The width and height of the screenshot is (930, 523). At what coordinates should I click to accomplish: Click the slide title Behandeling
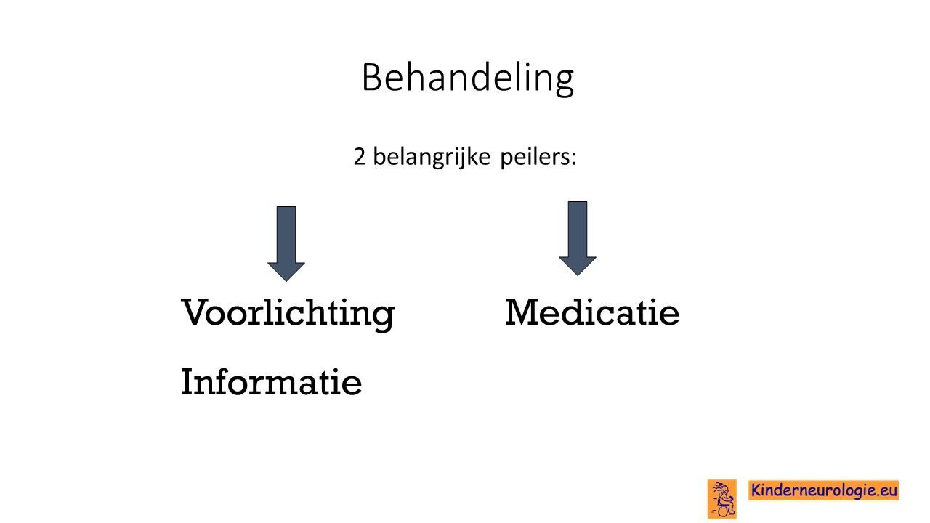pyautogui.click(x=468, y=79)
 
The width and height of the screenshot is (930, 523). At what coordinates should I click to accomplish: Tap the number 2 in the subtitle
pyautogui.click(x=360, y=157)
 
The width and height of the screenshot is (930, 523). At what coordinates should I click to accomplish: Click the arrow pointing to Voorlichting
pyautogui.click(x=286, y=244)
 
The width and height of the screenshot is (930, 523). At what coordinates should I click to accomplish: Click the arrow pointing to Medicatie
pyautogui.click(x=578, y=239)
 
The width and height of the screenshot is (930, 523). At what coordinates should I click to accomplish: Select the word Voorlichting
pyautogui.click(x=288, y=315)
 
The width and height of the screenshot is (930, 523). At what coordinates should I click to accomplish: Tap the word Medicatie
pyautogui.click(x=592, y=312)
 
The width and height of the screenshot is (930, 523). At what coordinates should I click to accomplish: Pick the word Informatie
pyautogui.click(x=271, y=382)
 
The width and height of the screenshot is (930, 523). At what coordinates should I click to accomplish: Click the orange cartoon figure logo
pyautogui.click(x=722, y=499)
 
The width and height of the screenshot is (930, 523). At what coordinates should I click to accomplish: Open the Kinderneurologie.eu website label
pyautogui.click(x=824, y=490)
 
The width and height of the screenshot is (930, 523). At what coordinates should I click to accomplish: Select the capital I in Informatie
pyautogui.click(x=189, y=382)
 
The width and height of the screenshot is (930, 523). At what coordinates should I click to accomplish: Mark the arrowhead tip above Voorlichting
pyautogui.click(x=286, y=282)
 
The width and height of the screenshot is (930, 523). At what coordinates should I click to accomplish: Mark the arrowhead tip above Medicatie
pyautogui.click(x=578, y=276)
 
